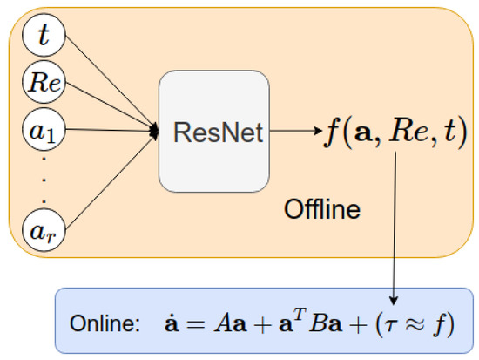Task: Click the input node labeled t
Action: point(41,37)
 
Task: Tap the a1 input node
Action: point(41,132)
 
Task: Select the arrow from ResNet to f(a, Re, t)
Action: point(292,132)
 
